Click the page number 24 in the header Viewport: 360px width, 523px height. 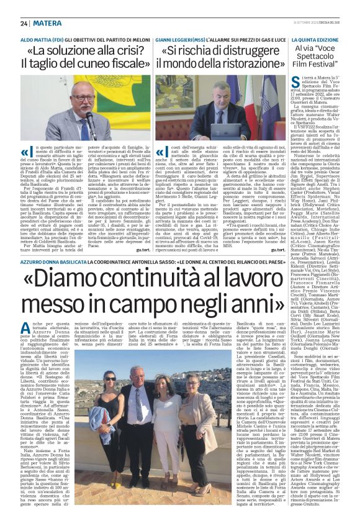24,23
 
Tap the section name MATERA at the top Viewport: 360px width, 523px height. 48,23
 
